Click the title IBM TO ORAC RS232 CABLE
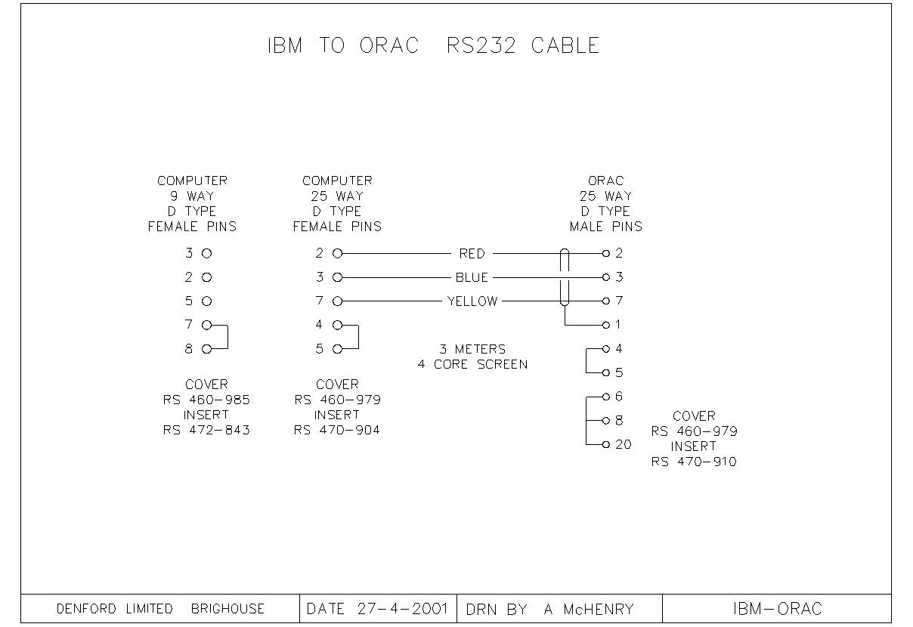tap(433, 45)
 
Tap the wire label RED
tap(472, 254)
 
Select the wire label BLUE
tap(472, 277)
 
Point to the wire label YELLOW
tap(472, 301)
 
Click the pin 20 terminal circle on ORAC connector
tap(605, 444)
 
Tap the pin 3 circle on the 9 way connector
tap(206, 254)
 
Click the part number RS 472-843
tap(206, 431)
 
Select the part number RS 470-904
tap(337, 431)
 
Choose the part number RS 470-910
tap(694, 462)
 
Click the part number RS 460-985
tap(206, 400)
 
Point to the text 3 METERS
tap(472, 349)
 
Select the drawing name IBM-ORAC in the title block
tap(777, 609)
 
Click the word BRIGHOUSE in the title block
tap(227, 609)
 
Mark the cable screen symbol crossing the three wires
tap(564, 277)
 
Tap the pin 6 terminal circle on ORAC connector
tap(605, 397)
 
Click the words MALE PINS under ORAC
tap(605, 227)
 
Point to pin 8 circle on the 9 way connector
tap(206, 349)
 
